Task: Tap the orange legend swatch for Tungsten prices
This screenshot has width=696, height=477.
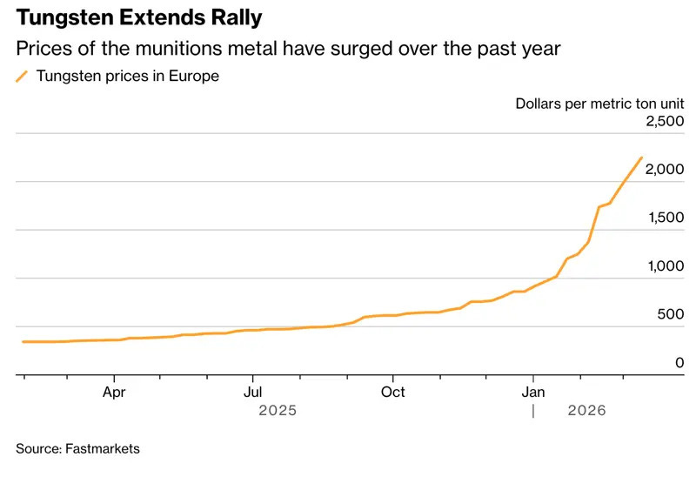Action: pyautogui.click(x=22, y=77)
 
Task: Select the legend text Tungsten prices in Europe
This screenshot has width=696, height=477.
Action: pyautogui.click(x=127, y=77)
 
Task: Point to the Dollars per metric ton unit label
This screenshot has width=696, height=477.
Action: pyautogui.click(x=600, y=104)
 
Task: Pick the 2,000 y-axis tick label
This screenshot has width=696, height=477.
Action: pyautogui.click(x=666, y=170)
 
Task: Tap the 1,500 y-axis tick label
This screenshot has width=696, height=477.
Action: pyautogui.click(x=666, y=218)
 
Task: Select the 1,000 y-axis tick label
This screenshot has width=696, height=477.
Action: pyautogui.click(x=666, y=266)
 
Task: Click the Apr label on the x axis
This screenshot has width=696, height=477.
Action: pyautogui.click(x=114, y=392)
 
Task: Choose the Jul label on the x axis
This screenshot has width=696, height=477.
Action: pyautogui.click(x=252, y=392)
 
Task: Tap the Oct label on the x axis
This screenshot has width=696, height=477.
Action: pyautogui.click(x=392, y=392)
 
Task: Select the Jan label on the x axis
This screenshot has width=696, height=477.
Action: pyautogui.click(x=532, y=392)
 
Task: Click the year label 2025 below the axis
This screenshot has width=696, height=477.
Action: pyautogui.click(x=278, y=410)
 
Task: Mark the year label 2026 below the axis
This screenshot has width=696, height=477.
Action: pyautogui.click(x=586, y=410)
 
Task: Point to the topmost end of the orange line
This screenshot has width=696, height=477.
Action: pyautogui.click(x=641, y=158)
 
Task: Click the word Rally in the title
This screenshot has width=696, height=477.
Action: pyautogui.click(x=233, y=17)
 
